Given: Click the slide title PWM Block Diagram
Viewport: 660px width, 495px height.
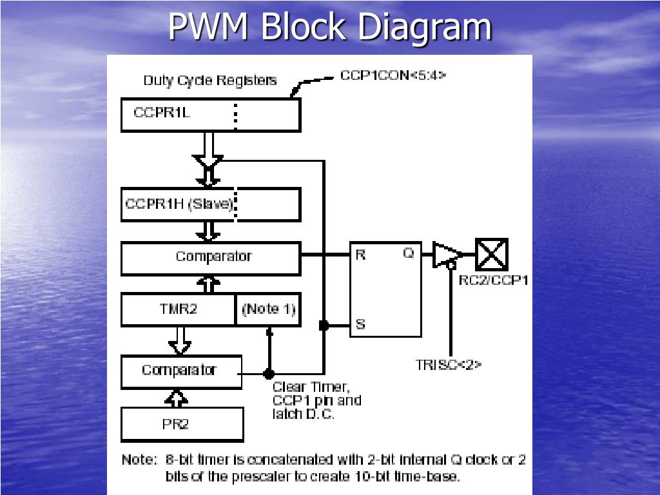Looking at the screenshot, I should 330,27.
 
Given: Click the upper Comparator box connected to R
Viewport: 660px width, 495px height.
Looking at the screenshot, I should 211,257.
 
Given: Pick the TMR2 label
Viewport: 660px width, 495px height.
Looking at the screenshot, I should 178,309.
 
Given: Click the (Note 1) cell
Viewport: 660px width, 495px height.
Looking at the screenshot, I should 268,309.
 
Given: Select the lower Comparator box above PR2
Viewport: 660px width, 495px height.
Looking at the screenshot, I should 181,371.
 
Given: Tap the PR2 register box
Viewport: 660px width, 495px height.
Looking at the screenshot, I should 182,425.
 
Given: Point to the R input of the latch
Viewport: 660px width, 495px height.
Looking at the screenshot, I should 360,255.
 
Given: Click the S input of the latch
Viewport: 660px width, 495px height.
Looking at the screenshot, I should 360,324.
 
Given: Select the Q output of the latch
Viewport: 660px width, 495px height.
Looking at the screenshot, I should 409,254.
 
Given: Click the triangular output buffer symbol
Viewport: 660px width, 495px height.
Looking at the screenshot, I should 445,254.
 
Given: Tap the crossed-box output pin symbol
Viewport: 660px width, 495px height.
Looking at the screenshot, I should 492,254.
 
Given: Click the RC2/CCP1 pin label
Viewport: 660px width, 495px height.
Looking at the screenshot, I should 493,280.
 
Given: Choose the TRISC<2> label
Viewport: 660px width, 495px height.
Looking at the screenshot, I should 449,364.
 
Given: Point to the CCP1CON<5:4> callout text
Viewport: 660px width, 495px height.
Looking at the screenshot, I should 393,75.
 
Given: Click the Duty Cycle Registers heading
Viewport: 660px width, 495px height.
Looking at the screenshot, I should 209,81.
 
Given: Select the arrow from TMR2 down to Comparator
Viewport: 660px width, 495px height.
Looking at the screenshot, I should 180,340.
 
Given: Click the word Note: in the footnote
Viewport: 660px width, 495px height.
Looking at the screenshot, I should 139,460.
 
